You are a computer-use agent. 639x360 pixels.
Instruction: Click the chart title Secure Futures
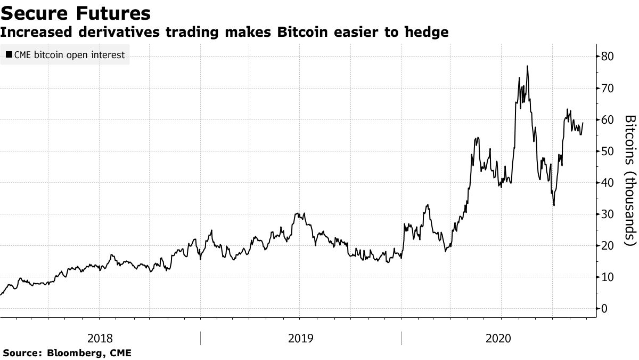pyautogui.click(x=75, y=13)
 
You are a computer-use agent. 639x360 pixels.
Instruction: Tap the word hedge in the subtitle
pyautogui.click(x=427, y=33)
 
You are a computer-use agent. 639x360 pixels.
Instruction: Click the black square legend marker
pyautogui.click(x=9, y=54)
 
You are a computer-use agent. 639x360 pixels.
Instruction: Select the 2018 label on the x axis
pyautogui.click(x=100, y=338)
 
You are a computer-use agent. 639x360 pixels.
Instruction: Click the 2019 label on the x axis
pyautogui.click(x=300, y=338)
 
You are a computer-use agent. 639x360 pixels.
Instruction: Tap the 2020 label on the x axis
pyautogui.click(x=498, y=338)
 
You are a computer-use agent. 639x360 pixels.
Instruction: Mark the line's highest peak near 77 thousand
pyautogui.click(x=527, y=66)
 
